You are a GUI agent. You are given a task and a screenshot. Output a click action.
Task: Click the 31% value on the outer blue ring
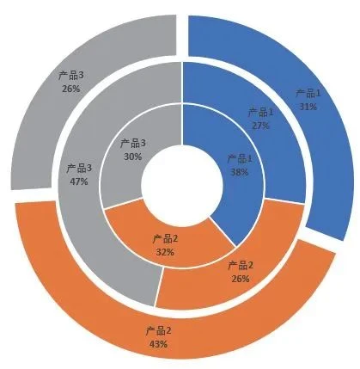click(x=308, y=107)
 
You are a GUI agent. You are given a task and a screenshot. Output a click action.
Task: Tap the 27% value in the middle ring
click(x=260, y=126)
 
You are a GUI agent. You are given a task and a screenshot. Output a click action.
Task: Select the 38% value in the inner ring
click(x=240, y=172)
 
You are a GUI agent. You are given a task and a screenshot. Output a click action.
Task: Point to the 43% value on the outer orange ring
click(x=158, y=344)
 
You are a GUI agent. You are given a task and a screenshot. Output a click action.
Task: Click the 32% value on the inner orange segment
click(x=165, y=252)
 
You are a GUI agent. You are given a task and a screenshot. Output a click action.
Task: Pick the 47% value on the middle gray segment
click(x=79, y=181)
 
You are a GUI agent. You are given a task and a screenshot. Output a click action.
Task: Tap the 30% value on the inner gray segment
click(x=132, y=157)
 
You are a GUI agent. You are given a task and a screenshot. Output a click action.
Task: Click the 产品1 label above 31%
click(x=308, y=94)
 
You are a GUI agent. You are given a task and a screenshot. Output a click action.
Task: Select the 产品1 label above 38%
click(x=240, y=158)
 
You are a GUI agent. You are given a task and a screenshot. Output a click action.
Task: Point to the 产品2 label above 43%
click(x=158, y=331)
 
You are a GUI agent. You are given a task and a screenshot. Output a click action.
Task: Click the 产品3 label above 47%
click(x=79, y=169)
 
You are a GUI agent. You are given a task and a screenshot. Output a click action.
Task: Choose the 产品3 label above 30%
click(x=132, y=144)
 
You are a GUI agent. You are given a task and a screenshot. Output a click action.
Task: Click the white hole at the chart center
click(x=182, y=185)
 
